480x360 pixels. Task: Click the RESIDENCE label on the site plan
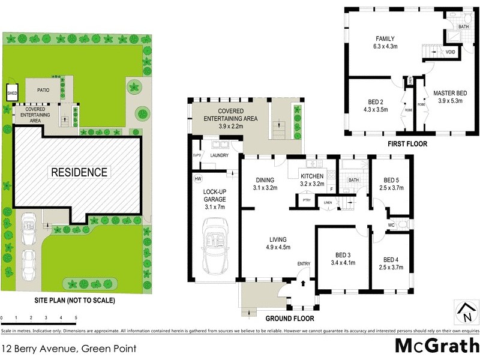pos(79,172)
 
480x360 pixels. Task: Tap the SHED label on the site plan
pos(12,94)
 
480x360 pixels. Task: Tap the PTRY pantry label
pos(306,200)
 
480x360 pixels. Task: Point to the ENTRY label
pos(304,264)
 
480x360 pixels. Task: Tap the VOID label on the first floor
pos(451,52)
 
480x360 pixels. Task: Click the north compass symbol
pos(466,312)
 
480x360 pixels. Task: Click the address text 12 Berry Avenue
pos(70,348)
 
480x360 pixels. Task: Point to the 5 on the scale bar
pos(76,318)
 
